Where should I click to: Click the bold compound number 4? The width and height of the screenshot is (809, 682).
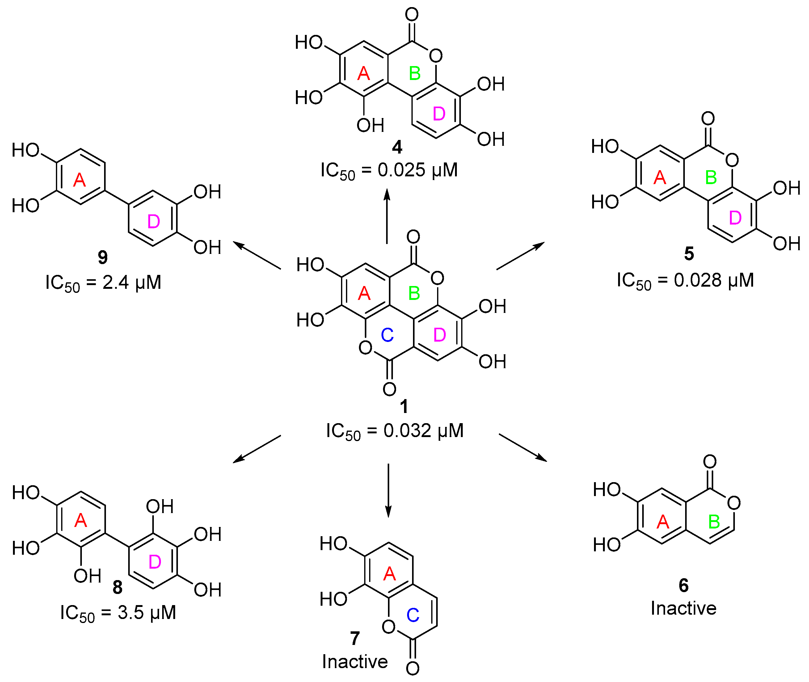tap(397, 147)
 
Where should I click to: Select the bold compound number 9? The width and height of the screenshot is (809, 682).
tap(103, 257)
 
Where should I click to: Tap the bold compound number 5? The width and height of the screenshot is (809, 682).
tap(689, 254)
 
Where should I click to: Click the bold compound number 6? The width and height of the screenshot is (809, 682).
tap(683, 585)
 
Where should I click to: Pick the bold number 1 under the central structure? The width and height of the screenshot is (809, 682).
tap(404, 406)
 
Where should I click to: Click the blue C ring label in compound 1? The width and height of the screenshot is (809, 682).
tap(387, 335)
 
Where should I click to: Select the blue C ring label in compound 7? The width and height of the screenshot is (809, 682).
tap(413, 615)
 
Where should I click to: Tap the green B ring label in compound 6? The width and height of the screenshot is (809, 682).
tap(714, 522)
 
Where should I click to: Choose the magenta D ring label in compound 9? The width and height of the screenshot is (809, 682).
tap(154, 221)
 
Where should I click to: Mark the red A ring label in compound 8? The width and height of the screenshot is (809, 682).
tap(80, 520)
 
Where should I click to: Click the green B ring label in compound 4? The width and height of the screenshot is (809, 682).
tap(415, 74)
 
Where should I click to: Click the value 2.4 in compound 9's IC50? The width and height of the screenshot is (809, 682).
tap(115, 283)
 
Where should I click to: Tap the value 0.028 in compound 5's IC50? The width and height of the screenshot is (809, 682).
tap(697, 280)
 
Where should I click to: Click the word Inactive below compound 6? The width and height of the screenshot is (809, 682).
tap(683, 608)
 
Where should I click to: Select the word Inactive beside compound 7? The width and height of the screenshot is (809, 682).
tap(355, 662)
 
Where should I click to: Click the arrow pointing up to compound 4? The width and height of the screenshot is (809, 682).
tap(387, 217)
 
